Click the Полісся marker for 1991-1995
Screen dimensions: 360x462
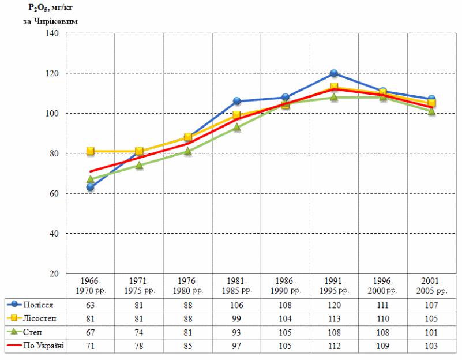pyautogui.click(x=334, y=73)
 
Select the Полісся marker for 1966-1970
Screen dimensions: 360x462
pyautogui.click(x=91, y=187)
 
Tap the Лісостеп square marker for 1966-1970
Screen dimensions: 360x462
pyautogui.click(x=91, y=151)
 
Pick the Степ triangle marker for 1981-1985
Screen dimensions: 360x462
pyautogui.click(x=236, y=127)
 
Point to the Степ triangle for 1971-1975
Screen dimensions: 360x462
pyautogui.click(x=139, y=165)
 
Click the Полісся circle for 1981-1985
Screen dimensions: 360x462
pyautogui.click(x=236, y=101)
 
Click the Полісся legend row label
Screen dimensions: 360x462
pyautogui.click(x=39, y=304)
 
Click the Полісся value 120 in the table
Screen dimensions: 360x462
pyautogui.click(x=334, y=304)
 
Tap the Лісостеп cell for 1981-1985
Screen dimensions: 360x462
pyautogui.click(x=236, y=318)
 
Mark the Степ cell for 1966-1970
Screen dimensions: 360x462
pyautogui.click(x=91, y=332)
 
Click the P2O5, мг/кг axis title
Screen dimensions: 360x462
pyautogui.click(x=50, y=9)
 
